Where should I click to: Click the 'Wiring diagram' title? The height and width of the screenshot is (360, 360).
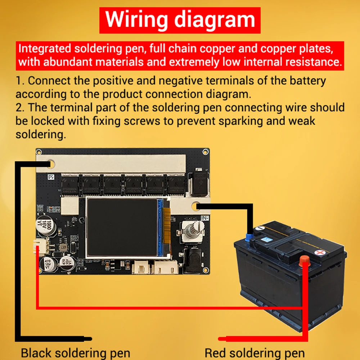pos(180,19)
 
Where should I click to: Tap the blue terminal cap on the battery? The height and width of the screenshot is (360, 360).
pos(249,237)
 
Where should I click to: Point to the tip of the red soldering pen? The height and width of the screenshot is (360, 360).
pos(221,339)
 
